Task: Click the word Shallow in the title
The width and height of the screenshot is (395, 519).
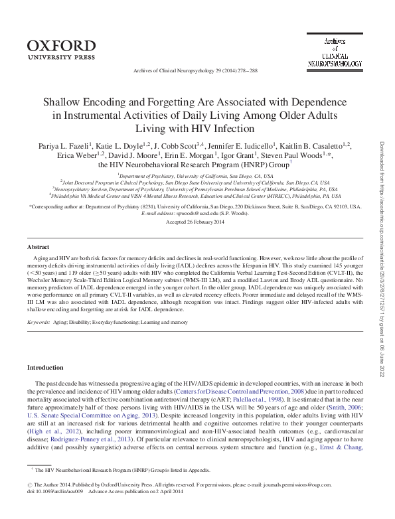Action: [63, 103]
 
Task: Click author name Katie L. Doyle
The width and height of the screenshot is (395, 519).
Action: [123, 144]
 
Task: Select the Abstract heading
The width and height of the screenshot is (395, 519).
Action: [39, 247]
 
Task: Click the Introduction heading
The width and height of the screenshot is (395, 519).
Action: [45, 367]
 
